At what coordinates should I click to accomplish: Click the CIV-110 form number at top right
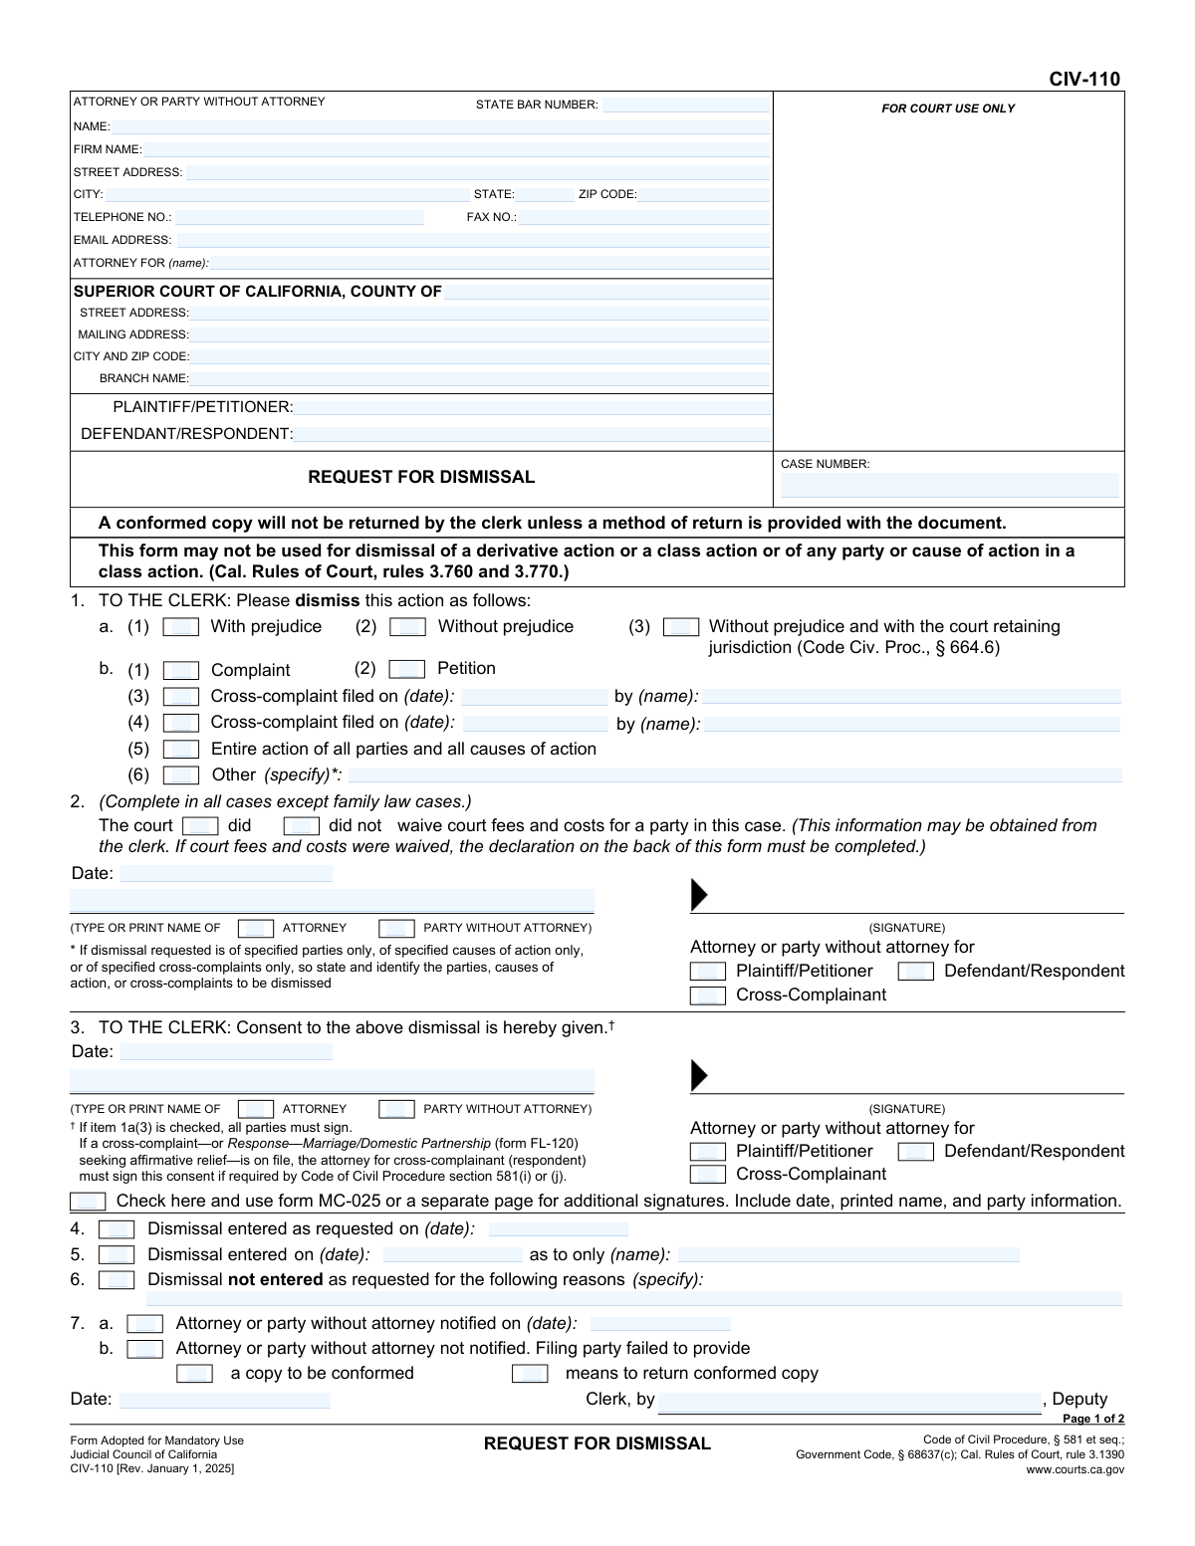(1083, 80)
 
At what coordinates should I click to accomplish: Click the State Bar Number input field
(685, 105)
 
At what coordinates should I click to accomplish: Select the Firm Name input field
(455, 149)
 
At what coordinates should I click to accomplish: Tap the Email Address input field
(472, 240)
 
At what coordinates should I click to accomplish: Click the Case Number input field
(949, 486)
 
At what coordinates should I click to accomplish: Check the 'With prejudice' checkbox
(180, 627)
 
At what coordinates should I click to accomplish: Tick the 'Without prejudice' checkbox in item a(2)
(407, 627)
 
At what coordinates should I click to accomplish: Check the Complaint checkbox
(180, 671)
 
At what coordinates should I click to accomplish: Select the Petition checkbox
(406, 669)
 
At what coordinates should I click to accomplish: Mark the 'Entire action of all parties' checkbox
(180, 750)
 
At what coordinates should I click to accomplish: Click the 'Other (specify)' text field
(734, 775)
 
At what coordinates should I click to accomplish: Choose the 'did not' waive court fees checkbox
(301, 826)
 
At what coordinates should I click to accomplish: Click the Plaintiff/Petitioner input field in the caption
(532, 407)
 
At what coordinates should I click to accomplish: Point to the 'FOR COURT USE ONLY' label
(948, 109)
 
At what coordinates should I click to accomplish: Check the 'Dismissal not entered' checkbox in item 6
(117, 1280)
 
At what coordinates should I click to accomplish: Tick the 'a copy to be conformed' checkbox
(194, 1374)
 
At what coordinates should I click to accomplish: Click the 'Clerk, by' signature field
(848, 1401)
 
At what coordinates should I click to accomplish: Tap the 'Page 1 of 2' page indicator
(1092, 1420)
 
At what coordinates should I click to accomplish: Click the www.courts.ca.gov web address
(1075, 1469)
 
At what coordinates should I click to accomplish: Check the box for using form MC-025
(88, 1202)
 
